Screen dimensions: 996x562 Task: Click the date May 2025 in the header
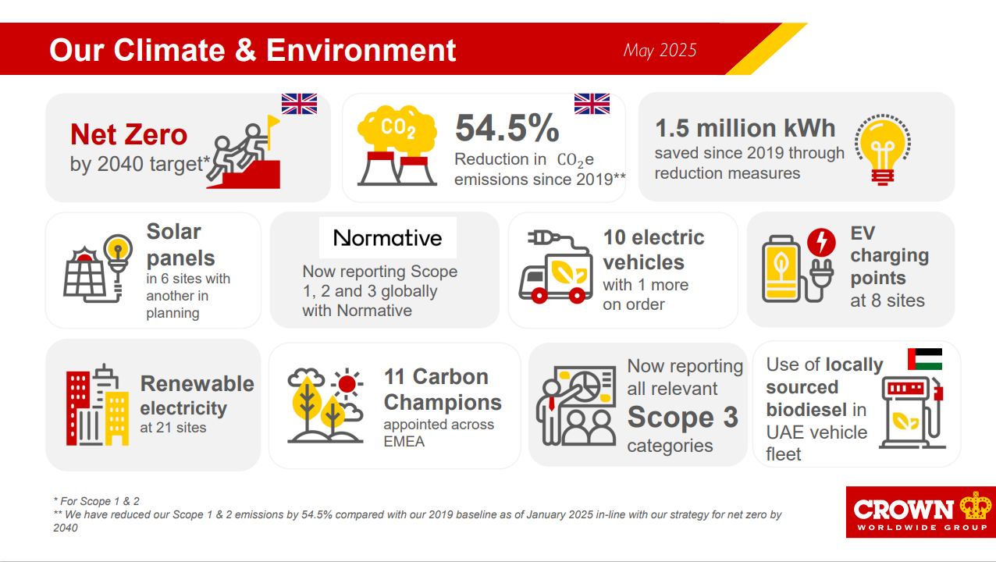click(x=660, y=51)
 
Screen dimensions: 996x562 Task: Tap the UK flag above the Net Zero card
click(x=299, y=104)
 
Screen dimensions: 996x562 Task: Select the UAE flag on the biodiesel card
click(x=925, y=359)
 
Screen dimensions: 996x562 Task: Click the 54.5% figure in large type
click(x=507, y=128)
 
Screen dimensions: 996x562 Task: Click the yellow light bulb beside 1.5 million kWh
click(x=883, y=149)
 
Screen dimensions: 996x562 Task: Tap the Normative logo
click(x=388, y=238)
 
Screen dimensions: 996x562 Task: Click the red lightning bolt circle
click(x=821, y=242)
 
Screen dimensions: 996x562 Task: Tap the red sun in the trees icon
click(x=347, y=383)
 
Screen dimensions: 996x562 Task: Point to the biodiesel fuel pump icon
click(x=912, y=412)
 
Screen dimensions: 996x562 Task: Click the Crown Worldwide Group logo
click(x=921, y=512)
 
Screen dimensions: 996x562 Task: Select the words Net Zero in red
click(x=129, y=134)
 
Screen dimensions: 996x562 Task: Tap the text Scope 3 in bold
click(x=682, y=417)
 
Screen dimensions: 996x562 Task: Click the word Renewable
click(x=197, y=384)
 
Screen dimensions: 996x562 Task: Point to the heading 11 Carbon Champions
click(x=443, y=389)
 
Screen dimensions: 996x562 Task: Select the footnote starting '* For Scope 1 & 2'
click(x=97, y=501)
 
